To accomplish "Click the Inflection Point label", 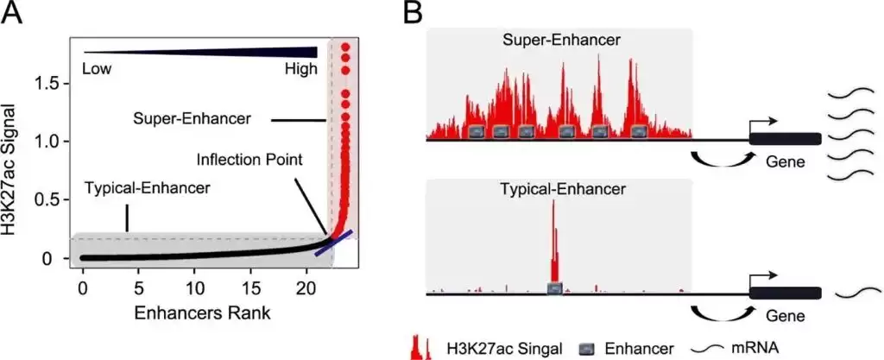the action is (x=250, y=160).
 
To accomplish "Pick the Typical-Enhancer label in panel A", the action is (x=147, y=188).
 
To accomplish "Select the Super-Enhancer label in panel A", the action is (x=193, y=119).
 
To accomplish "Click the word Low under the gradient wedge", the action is (x=97, y=70).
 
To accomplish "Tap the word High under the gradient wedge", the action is (x=301, y=70).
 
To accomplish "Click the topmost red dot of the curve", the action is (x=345, y=47).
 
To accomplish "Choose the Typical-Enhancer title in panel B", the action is (x=563, y=189).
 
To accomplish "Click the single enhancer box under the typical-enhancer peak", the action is (x=555, y=288).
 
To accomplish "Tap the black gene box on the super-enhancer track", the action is (x=785, y=139).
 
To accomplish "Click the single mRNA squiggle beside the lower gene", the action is (x=858, y=292).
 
